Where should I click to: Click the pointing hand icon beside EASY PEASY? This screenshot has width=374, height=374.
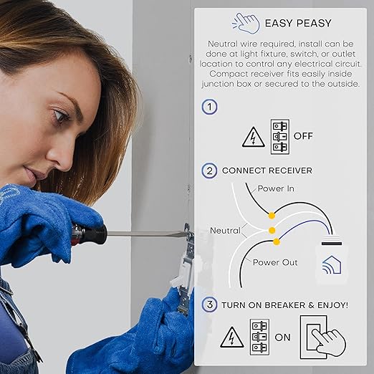click(246, 23)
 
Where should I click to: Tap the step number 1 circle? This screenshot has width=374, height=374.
click(209, 107)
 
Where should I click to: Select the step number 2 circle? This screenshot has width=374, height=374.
click(209, 171)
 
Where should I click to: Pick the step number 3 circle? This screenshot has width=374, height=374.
click(209, 305)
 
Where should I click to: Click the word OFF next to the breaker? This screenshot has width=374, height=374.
click(303, 136)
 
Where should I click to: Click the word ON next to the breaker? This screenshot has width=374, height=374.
click(282, 337)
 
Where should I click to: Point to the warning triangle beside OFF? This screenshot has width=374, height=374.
click(254, 137)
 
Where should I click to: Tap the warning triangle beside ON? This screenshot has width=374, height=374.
click(232, 337)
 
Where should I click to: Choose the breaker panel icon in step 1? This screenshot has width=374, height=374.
click(280, 137)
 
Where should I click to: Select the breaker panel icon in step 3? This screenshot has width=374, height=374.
click(259, 337)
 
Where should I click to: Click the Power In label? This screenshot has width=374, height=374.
click(276, 188)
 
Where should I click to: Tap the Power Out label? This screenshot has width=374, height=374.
click(275, 262)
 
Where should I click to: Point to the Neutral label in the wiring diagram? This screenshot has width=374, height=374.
click(225, 231)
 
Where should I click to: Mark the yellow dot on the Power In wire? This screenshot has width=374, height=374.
click(272, 216)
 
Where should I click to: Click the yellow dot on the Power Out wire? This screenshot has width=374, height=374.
click(276, 241)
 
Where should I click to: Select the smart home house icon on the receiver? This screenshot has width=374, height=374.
click(332, 264)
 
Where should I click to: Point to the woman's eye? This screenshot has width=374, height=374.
click(61, 115)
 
